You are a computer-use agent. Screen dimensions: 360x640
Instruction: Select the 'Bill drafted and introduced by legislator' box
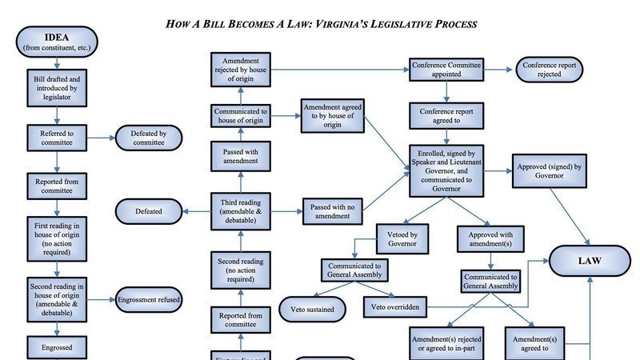(x=56, y=87)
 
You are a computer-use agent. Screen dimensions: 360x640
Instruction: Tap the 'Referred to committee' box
(x=56, y=138)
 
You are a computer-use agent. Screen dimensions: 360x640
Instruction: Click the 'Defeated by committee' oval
(x=148, y=138)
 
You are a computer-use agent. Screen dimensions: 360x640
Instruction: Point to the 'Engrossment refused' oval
(x=149, y=299)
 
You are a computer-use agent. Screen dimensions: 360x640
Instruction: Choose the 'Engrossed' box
(x=56, y=347)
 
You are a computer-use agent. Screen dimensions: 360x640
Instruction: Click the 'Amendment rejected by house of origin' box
(x=240, y=70)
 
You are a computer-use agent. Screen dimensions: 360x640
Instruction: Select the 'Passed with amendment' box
(x=240, y=155)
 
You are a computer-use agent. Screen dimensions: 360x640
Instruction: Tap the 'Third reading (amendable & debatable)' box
(x=240, y=211)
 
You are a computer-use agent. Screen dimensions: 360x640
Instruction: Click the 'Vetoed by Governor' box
(x=403, y=238)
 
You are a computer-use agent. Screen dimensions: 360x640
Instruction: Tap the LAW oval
(x=590, y=261)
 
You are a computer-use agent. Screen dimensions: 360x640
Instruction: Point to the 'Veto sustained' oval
(x=312, y=306)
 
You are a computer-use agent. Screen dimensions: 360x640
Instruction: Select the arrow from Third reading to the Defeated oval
(x=195, y=211)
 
